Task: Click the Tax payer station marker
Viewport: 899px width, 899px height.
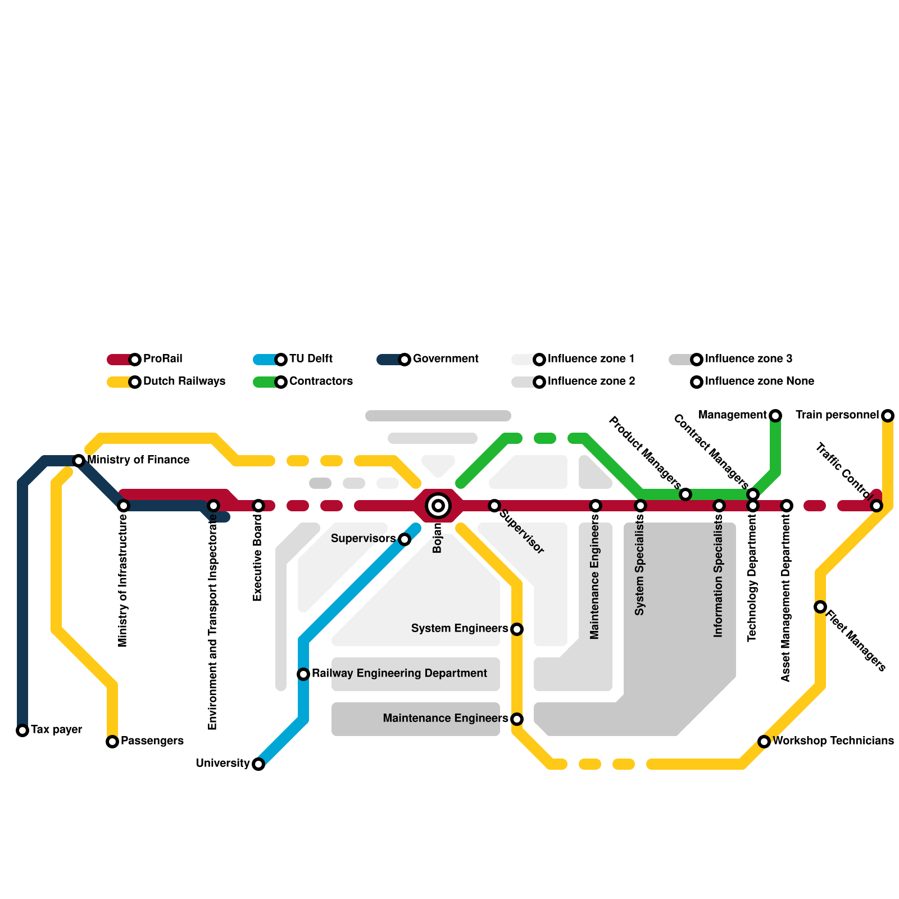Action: pyautogui.click(x=22, y=730)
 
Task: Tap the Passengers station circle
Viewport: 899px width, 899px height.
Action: pyautogui.click(x=112, y=742)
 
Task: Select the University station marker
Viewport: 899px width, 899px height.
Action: pyautogui.click(x=258, y=764)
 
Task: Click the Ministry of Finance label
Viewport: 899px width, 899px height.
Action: pyautogui.click(x=138, y=460)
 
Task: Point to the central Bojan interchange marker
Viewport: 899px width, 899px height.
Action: pyautogui.click(x=438, y=506)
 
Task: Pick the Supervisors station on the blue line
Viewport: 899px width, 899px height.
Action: pyautogui.click(x=405, y=539)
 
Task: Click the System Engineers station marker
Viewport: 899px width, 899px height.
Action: pyautogui.click(x=517, y=629)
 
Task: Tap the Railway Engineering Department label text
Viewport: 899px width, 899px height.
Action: pyautogui.click(x=399, y=674)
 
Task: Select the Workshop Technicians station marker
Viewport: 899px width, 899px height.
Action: pyautogui.click(x=764, y=742)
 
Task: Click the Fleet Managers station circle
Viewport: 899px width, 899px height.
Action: pyautogui.click(x=820, y=607)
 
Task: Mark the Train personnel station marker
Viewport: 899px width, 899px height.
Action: pyautogui.click(x=888, y=416)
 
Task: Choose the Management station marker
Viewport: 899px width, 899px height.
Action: pyautogui.click(x=775, y=416)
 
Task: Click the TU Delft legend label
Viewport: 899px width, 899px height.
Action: pyautogui.click(x=311, y=359)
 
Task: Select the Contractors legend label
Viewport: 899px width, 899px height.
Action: pyautogui.click(x=321, y=382)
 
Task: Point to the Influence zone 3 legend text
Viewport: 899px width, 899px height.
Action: pyautogui.click(x=748, y=359)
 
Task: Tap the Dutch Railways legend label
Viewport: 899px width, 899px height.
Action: pyautogui.click(x=184, y=382)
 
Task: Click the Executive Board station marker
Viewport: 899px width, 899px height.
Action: pyautogui.click(x=258, y=506)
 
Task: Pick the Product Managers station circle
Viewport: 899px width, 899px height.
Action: pyautogui.click(x=685, y=494)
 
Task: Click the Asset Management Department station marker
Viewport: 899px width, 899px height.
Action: pyautogui.click(x=787, y=506)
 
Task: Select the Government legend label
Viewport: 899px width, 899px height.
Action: pyautogui.click(x=446, y=359)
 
